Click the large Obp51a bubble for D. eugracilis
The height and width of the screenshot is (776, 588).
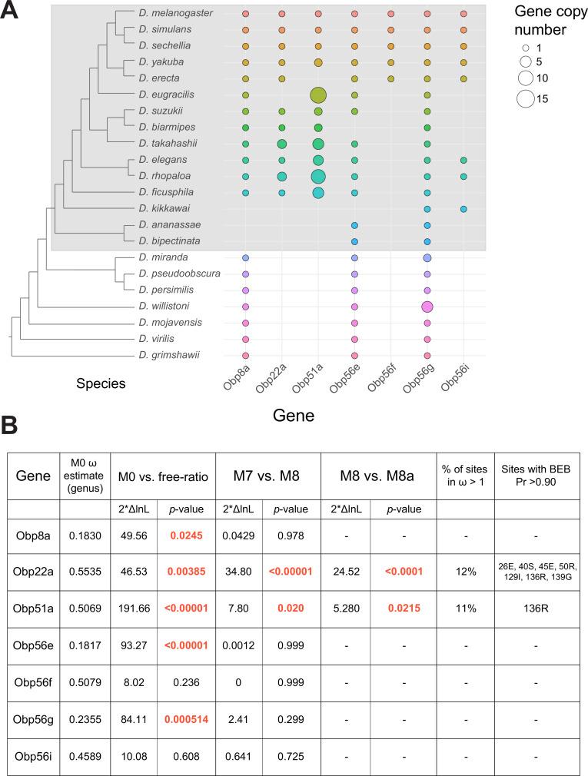coord(318,95)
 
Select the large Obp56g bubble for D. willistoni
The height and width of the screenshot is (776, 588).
coord(427,307)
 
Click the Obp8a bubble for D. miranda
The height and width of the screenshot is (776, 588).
coord(245,257)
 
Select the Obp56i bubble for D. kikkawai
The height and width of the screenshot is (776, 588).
coord(463,209)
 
